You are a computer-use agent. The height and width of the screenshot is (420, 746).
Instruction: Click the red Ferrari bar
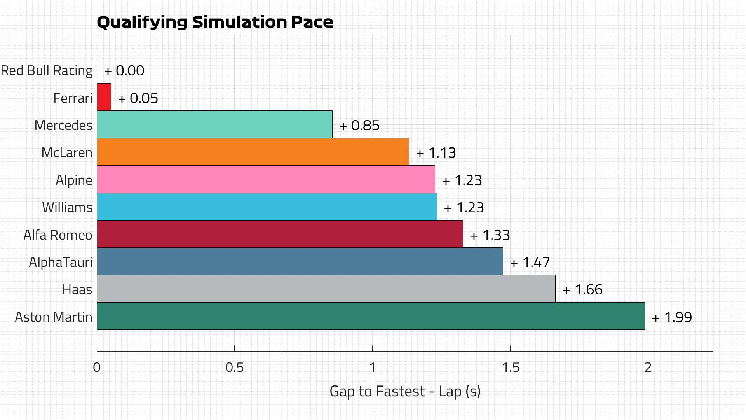104,97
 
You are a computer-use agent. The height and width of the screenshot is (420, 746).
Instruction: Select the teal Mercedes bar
214,124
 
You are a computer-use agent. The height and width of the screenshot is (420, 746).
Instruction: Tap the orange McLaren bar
253,152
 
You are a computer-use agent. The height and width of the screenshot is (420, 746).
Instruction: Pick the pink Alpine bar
266,179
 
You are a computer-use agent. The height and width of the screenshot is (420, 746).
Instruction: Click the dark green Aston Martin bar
371,316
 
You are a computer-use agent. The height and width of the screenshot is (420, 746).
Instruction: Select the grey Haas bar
326,289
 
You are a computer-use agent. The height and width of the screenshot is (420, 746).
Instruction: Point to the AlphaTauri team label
61,262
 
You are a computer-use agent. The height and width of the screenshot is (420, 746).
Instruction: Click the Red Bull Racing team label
47,71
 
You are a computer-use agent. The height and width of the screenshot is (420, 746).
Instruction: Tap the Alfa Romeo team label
58,235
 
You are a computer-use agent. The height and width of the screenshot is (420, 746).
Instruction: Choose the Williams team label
67,207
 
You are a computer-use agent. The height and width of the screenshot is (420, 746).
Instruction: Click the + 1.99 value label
672,317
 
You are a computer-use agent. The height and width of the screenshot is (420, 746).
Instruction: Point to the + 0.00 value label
124,71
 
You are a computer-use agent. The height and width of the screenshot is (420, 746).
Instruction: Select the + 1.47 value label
530,262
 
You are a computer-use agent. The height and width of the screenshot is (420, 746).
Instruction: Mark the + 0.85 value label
359,126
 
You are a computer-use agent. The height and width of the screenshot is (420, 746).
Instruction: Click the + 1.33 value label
490,235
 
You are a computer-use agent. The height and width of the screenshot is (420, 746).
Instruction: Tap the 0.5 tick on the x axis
234,367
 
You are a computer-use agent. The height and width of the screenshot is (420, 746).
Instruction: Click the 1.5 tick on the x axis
510,367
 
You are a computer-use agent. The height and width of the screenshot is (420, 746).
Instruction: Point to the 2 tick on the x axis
648,367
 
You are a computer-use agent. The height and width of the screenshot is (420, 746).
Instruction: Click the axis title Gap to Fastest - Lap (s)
405,391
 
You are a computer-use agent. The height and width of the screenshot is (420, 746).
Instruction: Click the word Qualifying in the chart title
142,23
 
